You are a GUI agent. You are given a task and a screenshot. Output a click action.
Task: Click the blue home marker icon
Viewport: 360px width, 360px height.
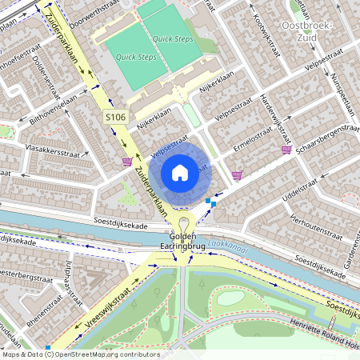click(180, 172)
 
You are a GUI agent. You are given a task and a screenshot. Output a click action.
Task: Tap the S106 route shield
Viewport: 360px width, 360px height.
click(116, 118)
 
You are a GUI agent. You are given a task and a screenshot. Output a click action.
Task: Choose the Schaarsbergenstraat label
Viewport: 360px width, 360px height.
click(326, 137)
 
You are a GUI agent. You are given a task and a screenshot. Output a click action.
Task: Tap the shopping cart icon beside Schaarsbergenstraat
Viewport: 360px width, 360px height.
click(286, 150)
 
